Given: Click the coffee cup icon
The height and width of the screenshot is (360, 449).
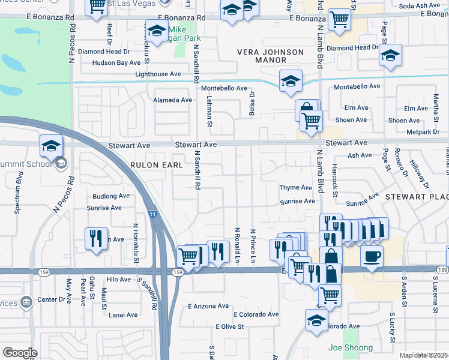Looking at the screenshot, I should coord(372,257).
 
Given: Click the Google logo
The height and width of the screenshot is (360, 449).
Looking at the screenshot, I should coord(20,353).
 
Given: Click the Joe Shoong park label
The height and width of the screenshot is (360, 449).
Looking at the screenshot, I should coord(350,348).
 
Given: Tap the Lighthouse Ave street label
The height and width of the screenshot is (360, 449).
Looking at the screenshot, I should coord(158,74).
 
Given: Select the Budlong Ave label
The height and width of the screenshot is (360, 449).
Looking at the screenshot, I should coord(110,196).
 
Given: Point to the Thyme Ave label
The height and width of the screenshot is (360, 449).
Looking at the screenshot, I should coord(296,188).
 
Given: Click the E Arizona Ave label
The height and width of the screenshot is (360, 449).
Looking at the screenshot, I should coord(208,306).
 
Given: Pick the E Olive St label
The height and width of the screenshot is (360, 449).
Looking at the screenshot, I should coord(229,327).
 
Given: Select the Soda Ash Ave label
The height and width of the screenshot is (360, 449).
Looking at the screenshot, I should coord(420,5).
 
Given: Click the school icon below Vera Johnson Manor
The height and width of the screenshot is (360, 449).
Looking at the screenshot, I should coord(291,82).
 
